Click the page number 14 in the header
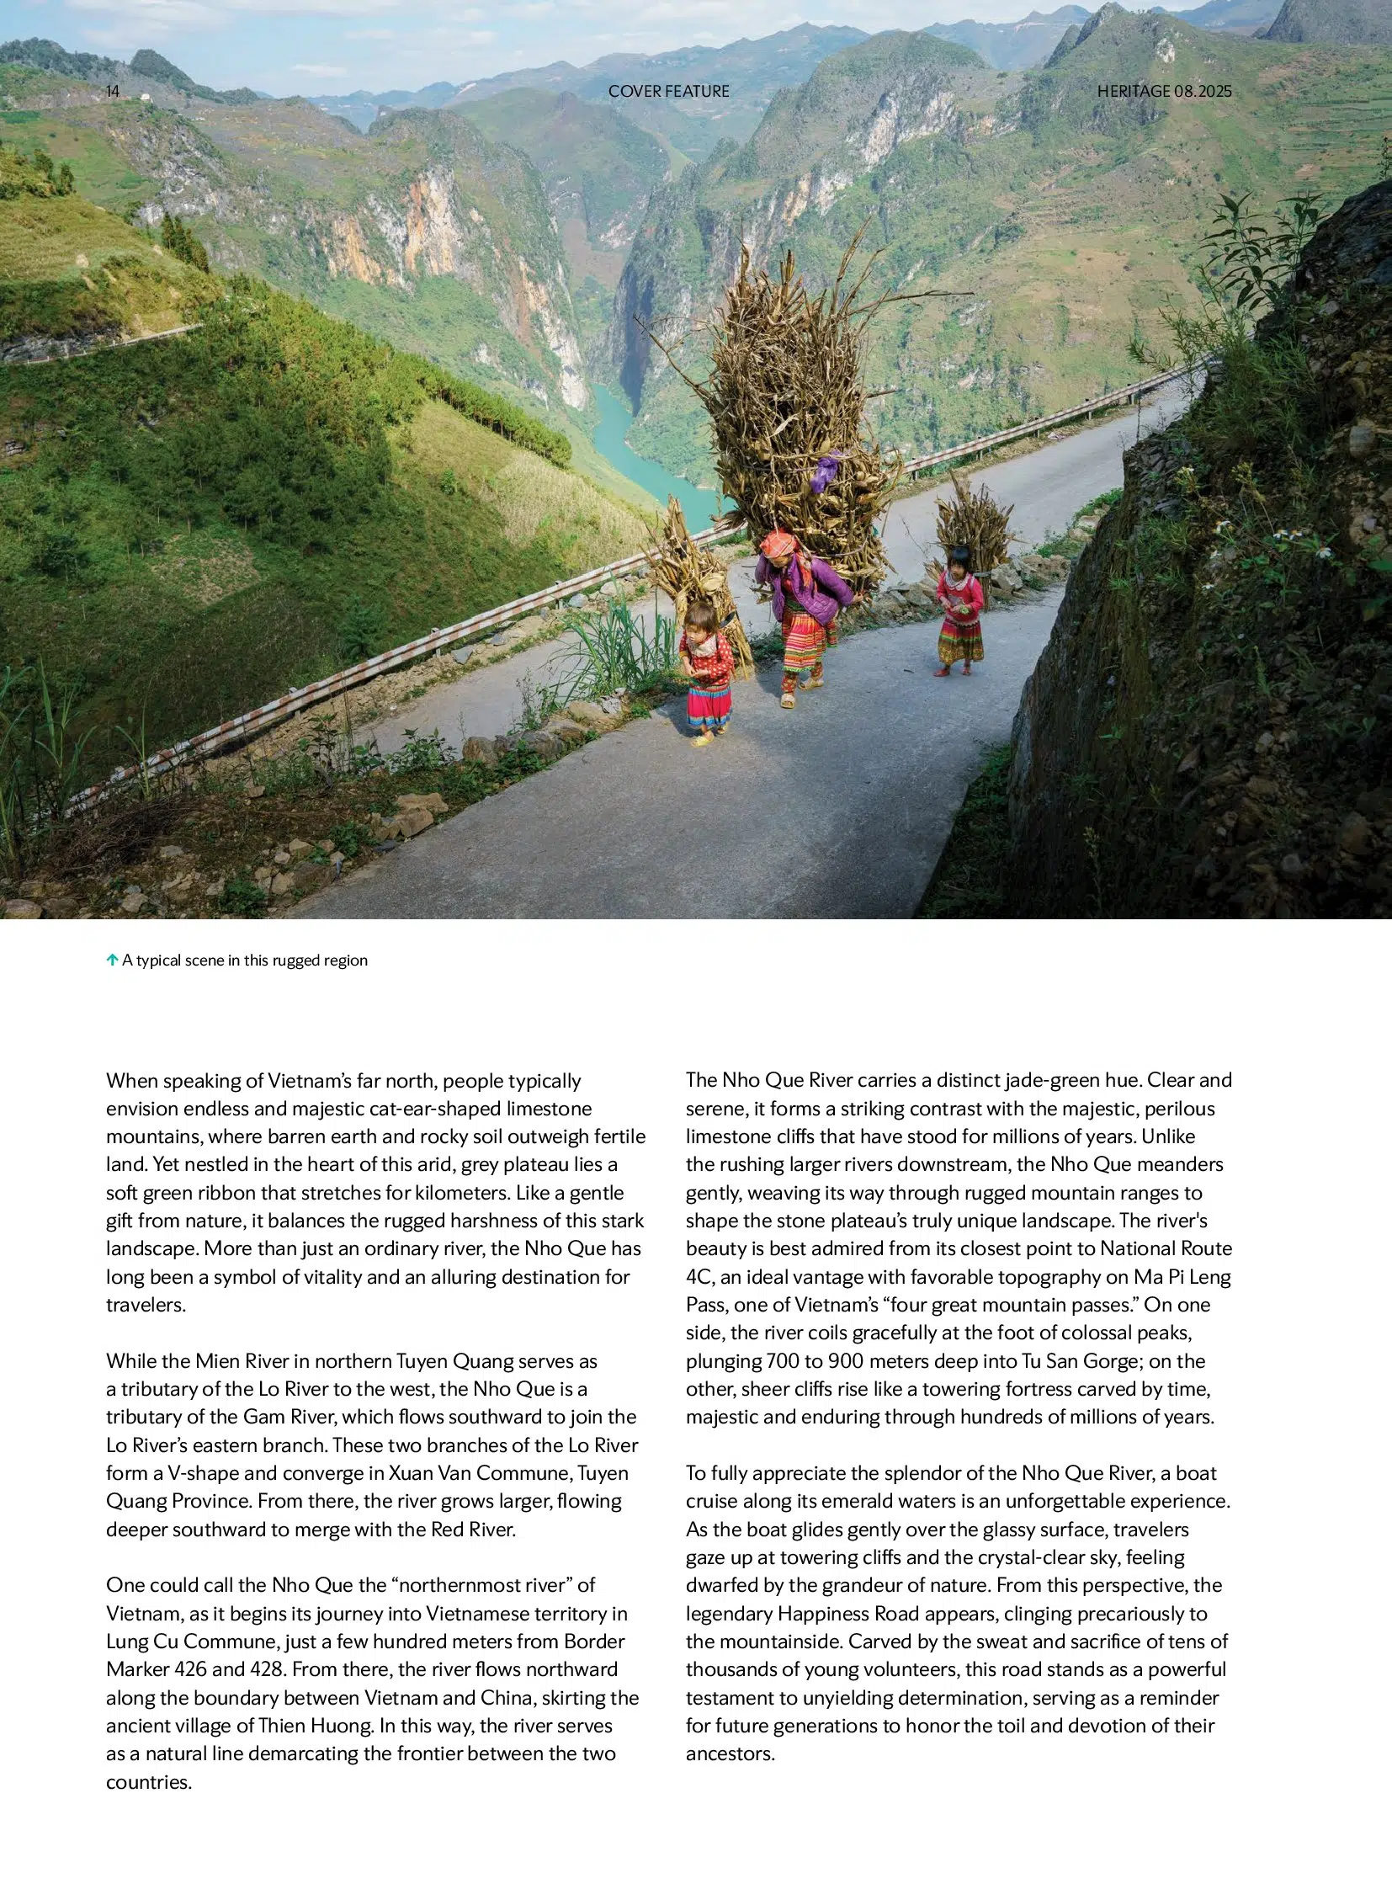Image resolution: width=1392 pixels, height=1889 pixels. [x=113, y=91]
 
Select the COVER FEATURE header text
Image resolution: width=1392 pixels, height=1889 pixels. [x=668, y=91]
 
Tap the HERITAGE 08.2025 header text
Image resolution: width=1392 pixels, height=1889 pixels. [x=1164, y=91]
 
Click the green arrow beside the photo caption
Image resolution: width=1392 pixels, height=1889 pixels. [x=112, y=960]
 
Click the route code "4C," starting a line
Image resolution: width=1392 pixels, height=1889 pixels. [x=700, y=1276]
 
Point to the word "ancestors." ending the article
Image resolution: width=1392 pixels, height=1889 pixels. [x=731, y=1753]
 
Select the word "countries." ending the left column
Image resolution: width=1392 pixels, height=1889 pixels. [x=149, y=1782]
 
